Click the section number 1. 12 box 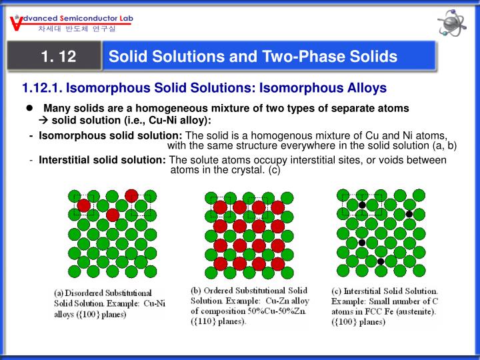[x=58, y=57]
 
